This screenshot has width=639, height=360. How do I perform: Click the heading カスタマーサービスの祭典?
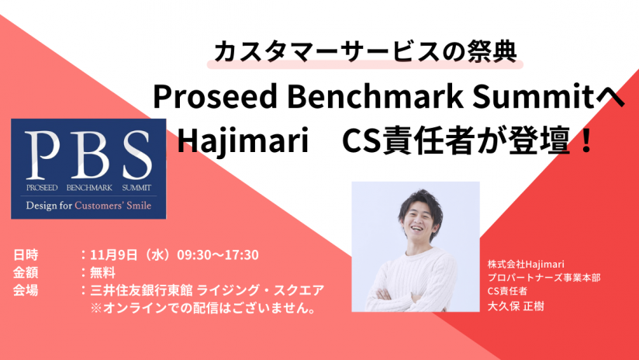(x=365, y=52)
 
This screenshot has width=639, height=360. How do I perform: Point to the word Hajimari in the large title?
(x=243, y=141)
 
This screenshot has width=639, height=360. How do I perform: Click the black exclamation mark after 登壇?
(x=587, y=140)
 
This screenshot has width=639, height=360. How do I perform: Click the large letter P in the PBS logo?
(x=42, y=155)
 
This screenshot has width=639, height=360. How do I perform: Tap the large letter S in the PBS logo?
(x=137, y=155)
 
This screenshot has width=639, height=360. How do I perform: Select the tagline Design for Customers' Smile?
(x=88, y=206)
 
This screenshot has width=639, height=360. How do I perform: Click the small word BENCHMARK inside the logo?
(x=89, y=188)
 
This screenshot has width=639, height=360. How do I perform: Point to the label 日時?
(x=26, y=254)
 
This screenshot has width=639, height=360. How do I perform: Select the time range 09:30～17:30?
(x=218, y=254)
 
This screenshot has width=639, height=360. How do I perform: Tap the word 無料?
(x=102, y=272)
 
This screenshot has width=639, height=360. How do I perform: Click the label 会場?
(x=26, y=290)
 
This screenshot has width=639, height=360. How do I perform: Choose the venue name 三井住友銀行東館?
(x=141, y=290)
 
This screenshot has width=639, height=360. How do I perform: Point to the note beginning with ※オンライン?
(x=204, y=308)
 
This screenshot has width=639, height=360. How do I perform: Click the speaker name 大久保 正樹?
(x=516, y=306)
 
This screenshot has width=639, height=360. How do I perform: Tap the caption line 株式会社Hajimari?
(x=526, y=265)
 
